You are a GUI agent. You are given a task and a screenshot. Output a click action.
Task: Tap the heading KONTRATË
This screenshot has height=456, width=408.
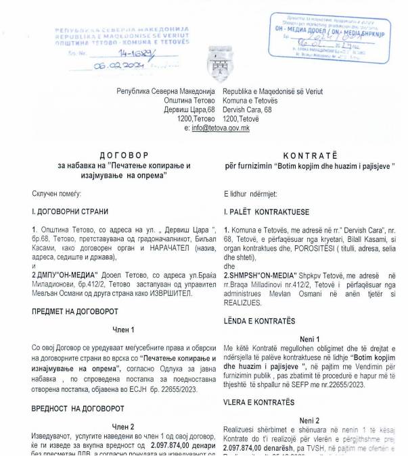(309, 156)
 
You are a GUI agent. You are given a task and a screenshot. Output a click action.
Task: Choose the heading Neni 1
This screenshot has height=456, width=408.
(309, 338)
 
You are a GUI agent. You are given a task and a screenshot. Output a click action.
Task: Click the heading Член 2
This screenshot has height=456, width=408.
(123, 428)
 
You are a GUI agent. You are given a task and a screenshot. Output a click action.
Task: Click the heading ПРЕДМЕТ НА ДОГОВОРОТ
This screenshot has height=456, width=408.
(75, 311)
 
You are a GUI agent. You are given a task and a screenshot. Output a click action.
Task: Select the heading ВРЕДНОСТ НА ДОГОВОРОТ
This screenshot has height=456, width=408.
(78, 409)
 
